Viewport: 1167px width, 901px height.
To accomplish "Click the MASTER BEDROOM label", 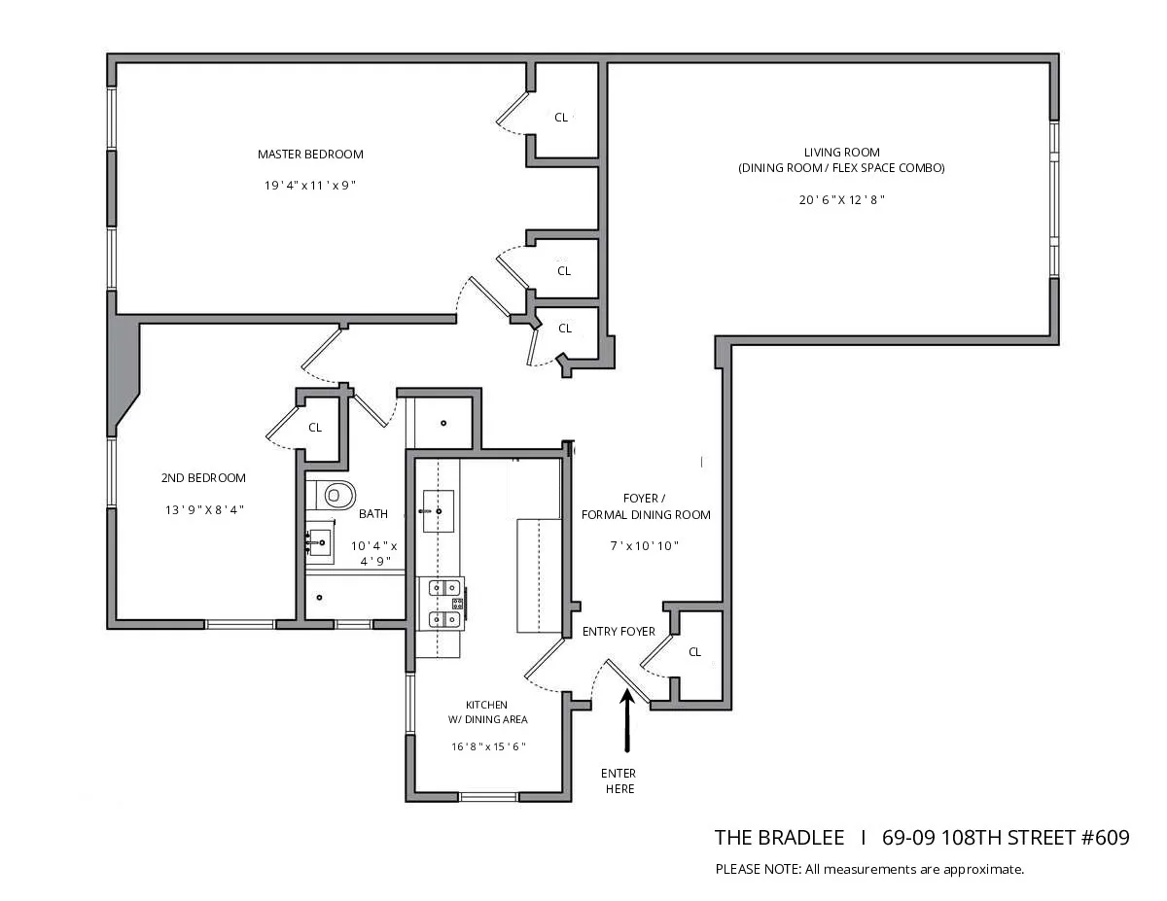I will (310, 155).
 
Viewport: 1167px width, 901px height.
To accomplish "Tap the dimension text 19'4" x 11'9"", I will (310, 185).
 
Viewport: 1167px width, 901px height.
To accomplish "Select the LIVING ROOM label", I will (841, 153).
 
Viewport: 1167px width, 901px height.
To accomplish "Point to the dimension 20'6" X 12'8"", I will (841, 199).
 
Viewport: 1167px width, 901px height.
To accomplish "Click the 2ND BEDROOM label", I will (203, 478).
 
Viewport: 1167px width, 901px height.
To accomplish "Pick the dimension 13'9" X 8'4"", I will (203, 508).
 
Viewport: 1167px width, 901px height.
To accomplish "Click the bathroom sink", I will (320, 540).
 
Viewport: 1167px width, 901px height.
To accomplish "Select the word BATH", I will (373, 514).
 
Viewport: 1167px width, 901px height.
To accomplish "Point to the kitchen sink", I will (437, 508).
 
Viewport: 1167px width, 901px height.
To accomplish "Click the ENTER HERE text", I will (619, 781).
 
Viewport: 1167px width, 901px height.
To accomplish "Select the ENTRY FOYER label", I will (619, 632).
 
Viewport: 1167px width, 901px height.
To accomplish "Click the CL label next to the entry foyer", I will (694, 652).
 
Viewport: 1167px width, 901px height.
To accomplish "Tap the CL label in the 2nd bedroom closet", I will (315, 428).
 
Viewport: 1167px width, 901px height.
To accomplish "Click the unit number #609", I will (1105, 838).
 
